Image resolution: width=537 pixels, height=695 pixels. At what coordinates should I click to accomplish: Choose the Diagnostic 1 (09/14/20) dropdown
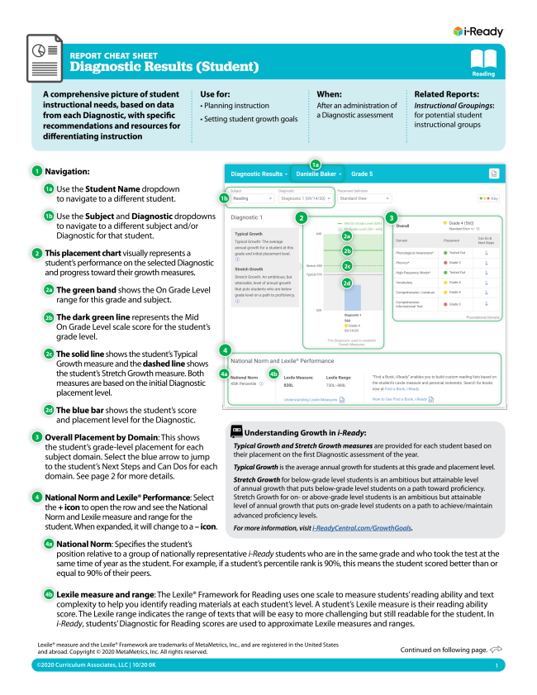click(306, 198)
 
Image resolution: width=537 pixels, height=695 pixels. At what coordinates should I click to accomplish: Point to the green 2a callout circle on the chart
click(347, 236)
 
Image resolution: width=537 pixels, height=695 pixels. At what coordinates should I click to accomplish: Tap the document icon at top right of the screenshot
click(494, 174)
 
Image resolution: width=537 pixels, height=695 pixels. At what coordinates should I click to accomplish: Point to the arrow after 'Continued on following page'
click(497, 650)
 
